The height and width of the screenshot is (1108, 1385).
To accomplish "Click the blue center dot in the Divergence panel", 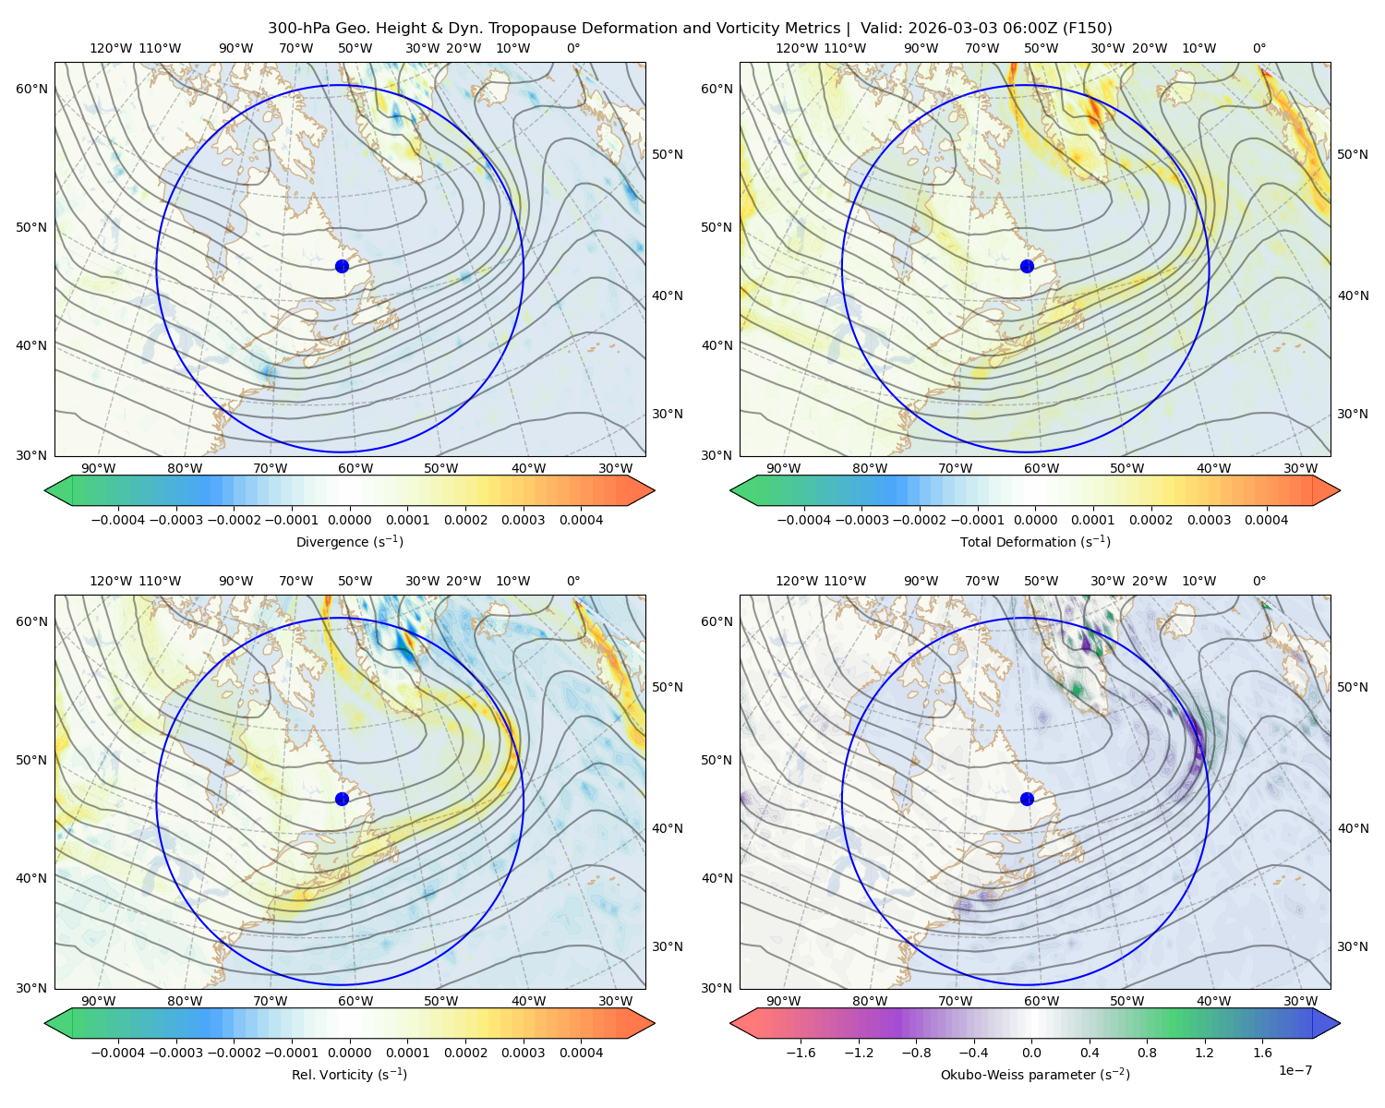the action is tap(342, 266).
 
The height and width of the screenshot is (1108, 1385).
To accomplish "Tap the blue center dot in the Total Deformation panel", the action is tap(1027, 266).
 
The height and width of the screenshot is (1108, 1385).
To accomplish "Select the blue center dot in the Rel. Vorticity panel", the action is tap(342, 799).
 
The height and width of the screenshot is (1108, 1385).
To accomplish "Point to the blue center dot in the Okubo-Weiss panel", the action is tap(1027, 799).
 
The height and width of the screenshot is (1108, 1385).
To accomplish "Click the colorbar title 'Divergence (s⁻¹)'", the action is tap(349, 541).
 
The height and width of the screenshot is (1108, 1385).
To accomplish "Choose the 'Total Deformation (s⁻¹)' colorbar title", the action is tap(1035, 541).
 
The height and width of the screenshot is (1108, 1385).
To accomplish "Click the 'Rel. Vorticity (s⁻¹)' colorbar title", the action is tap(349, 1074).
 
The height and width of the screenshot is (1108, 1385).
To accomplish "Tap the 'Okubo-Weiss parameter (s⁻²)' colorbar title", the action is tap(1035, 1074).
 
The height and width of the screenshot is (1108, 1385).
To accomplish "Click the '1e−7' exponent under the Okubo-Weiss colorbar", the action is tap(1295, 1070).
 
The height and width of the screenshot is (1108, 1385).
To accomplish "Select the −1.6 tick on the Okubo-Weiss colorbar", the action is tap(801, 1053).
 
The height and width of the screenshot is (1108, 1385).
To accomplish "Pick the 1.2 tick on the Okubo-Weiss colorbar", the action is tap(1204, 1053).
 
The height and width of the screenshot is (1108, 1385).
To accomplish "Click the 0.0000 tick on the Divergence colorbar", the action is tap(349, 520).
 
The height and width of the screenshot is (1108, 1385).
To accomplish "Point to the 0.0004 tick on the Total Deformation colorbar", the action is tap(1266, 520).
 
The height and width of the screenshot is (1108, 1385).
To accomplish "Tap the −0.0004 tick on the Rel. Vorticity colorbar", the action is tap(118, 1053).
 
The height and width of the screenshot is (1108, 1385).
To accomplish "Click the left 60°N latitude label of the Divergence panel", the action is tap(31, 89).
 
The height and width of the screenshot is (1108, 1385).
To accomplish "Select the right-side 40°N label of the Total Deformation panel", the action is tap(1353, 295).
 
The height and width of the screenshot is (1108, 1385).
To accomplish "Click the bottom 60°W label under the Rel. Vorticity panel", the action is tap(355, 1001).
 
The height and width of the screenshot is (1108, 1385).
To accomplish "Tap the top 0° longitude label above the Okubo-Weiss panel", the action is tap(1259, 581).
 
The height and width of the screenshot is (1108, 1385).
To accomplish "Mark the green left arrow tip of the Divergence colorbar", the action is tap(45, 490).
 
